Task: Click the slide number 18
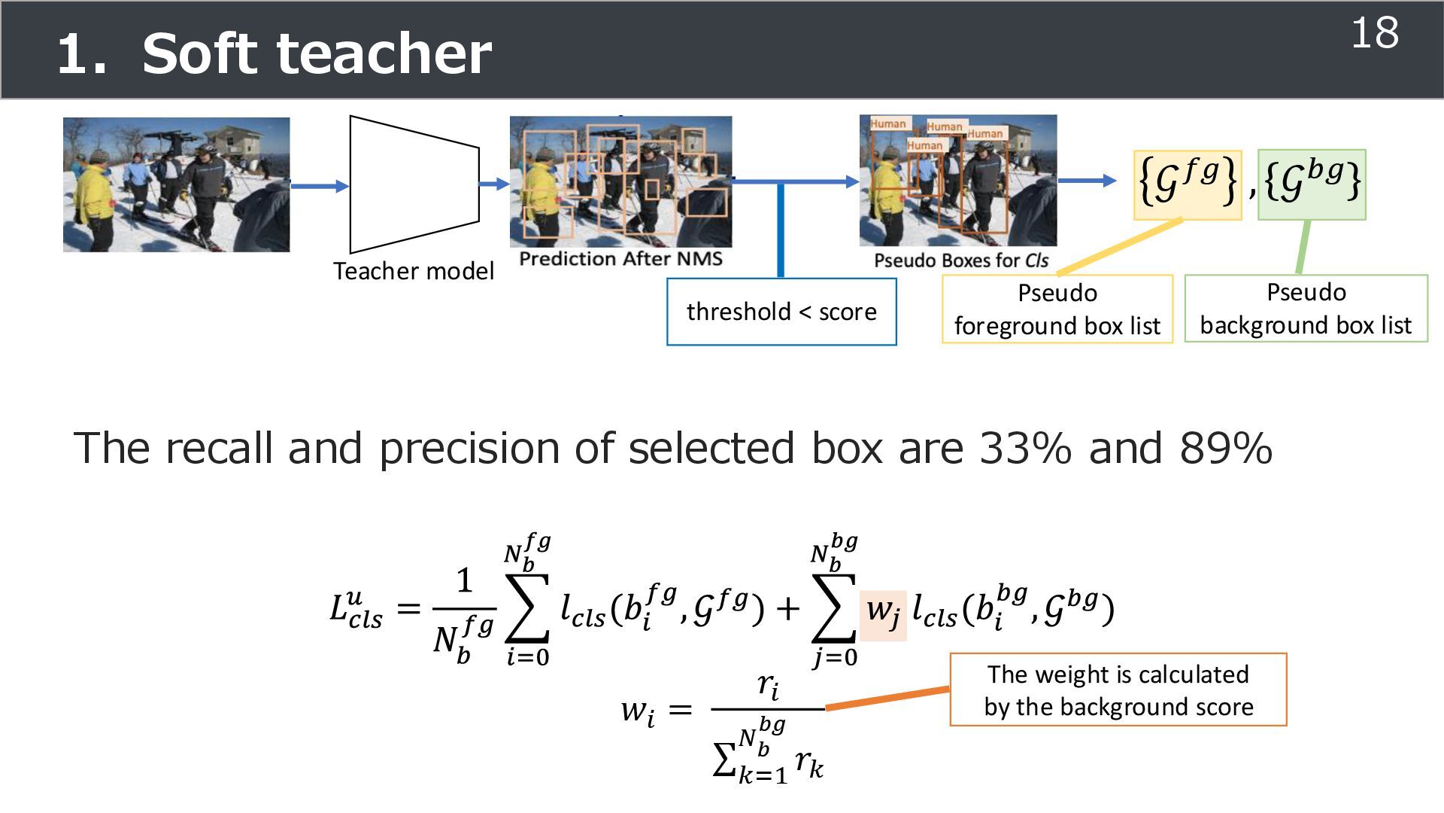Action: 1374,34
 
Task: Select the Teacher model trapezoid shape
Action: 414,184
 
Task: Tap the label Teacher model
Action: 413,271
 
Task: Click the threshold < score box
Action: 781,312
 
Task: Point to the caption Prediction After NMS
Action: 620,259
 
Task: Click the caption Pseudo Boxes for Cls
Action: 960,260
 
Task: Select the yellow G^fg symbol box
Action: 1188,184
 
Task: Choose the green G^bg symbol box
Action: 1312,184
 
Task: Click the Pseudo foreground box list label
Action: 1057,309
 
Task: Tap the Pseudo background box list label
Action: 1306,309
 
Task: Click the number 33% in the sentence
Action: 1025,449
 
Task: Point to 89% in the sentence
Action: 1226,449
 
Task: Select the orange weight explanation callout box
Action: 1118,690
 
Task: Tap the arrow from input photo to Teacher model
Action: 320,186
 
